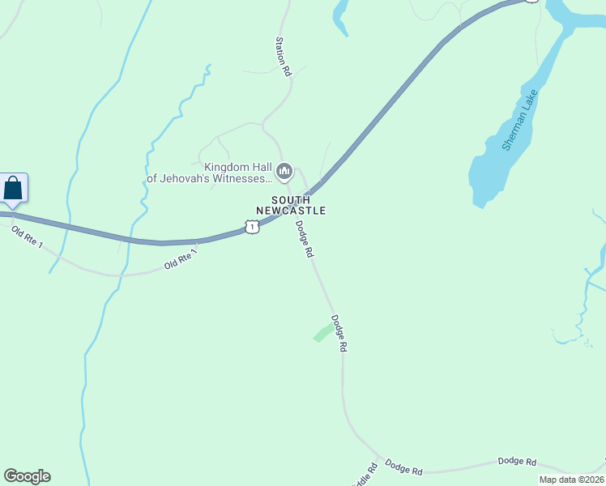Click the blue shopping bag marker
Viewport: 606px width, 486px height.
coord(14,188)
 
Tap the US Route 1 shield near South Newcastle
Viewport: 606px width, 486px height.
coord(253,228)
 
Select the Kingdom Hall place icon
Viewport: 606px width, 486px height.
coord(284,171)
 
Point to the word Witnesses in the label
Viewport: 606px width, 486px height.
coord(242,179)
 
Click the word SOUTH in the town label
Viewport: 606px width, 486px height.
coord(291,199)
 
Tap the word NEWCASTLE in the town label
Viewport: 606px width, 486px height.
coord(291,211)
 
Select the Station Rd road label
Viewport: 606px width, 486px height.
coord(283,56)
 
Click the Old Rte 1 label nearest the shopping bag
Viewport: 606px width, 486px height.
coord(27,238)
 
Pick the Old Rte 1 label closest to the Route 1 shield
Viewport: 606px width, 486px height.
coord(181,259)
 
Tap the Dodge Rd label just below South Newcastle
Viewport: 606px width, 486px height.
coord(304,239)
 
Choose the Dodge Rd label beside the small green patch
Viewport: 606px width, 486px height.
coord(338,333)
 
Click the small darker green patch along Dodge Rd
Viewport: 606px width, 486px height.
coord(322,332)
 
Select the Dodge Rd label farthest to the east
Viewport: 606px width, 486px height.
coord(517,462)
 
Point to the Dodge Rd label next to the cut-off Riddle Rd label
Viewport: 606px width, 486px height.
coord(403,467)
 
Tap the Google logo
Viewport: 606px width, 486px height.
coord(27,476)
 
